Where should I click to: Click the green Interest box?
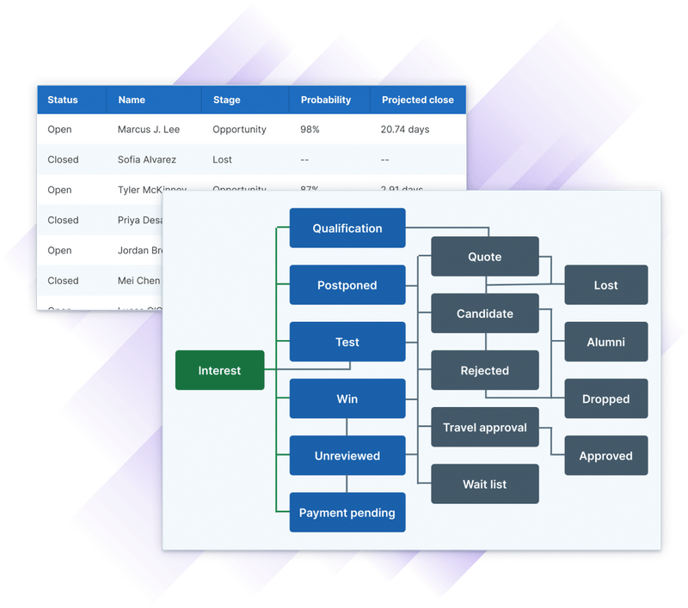[219, 370]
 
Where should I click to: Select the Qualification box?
[347, 228]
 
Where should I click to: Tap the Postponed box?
[347, 285]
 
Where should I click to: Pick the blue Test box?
[347, 342]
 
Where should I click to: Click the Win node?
[347, 398]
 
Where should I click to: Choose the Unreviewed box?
[347, 456]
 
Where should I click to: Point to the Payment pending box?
[347, 513]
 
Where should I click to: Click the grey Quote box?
[484, 257]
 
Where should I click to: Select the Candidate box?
[484, 313]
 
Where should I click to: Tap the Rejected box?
[484, 370]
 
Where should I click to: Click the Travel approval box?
[484, 428]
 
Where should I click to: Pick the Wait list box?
[484, 484]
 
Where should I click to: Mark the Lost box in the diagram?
[605, 285]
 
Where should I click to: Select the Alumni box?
[605, 342]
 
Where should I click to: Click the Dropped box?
[605, 398]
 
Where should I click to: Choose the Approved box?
[605, 456]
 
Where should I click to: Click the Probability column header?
[326, 100]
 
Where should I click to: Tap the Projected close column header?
[417, 100]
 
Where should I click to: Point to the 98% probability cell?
[310, 130]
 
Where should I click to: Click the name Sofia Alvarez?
[147, 160]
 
